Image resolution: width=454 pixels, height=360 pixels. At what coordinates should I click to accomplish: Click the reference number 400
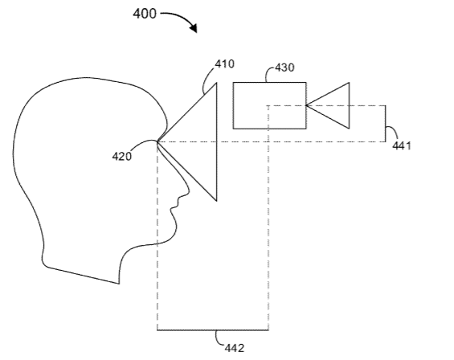pyautogui.click(x=145, y=14)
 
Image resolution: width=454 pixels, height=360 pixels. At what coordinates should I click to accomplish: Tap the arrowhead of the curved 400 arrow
pyautogui.click(x=194, y=27)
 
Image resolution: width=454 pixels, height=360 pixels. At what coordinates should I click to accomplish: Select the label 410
pyautogui.click(x=225, y=63)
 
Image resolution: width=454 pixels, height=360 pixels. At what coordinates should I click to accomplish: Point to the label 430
pyautogui.click(x=284, y=67)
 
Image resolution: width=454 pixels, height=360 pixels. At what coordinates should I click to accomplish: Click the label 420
pyautogui.click(x=121, y=157)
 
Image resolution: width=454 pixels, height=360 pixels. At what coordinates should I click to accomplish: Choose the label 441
pyautogui.click(x=402, y=145)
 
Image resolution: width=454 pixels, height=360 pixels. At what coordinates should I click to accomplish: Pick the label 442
pyautogui.click(x=235, y=348)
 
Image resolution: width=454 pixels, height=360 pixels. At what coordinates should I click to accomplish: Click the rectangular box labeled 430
pyautogui.click(x=269, y=105)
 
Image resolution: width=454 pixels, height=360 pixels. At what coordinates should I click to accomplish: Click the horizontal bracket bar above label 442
pyautogui.click(x=213, y=330)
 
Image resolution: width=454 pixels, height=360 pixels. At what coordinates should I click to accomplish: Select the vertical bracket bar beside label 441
pyautogui.click(x=386, y=124)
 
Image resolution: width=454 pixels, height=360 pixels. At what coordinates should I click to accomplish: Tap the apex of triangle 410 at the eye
pyautogui.click(x=157, y=141)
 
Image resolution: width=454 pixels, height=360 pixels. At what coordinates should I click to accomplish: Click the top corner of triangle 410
pyautogui.click(x=217, y=83)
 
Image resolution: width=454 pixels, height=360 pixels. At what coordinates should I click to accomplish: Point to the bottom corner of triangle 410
pyautogui.click(x=217, y=200)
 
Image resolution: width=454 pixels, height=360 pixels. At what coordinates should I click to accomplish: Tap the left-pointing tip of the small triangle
pyautogui.click(x=306, y=105)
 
